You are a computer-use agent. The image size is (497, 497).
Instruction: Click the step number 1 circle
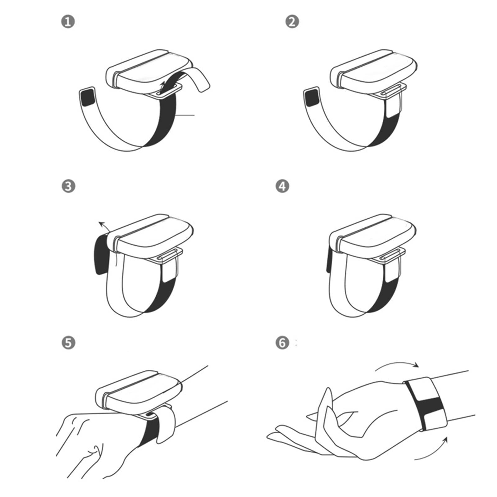pos(68,22)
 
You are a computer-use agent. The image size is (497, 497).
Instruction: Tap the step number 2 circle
pos(292,22)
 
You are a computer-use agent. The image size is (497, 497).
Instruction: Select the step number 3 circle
pos(68,186)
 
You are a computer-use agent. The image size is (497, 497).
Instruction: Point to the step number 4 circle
pos(282,186)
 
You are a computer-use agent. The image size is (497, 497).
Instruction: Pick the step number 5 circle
pos(68,343)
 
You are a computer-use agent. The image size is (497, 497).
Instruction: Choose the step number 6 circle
pos(282,343)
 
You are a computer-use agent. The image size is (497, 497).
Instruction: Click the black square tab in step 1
pos(88,97)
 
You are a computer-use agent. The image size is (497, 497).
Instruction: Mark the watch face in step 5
pos(138,393)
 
